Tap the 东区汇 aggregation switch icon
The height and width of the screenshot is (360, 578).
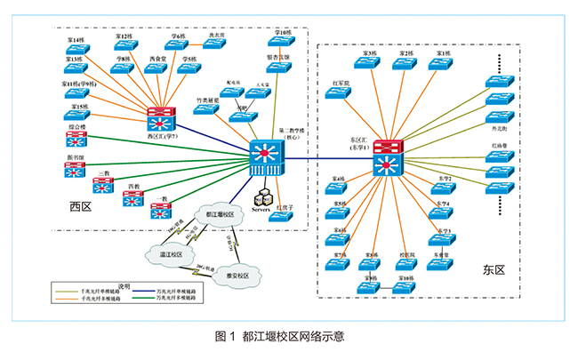[389, 157]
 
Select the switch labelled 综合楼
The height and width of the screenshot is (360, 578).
[76, 139]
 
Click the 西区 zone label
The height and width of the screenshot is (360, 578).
[81, 207]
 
